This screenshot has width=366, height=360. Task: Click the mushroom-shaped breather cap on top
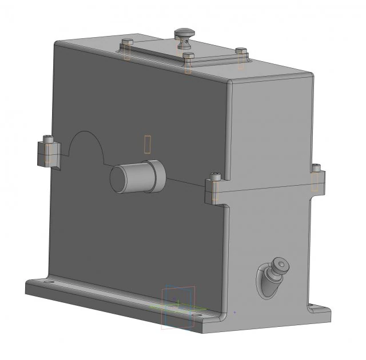185,33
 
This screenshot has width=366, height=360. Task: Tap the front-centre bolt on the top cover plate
188,56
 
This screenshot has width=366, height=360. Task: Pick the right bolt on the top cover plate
241,51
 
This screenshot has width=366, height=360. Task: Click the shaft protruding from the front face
137,177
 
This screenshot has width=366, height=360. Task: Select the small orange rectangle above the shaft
148,143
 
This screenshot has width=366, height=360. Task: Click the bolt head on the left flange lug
49,139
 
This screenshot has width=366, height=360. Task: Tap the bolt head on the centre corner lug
215,177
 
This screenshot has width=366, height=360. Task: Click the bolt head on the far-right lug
316,168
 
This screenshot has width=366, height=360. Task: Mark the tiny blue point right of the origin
234,313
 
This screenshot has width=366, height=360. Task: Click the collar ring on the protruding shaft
156,175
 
